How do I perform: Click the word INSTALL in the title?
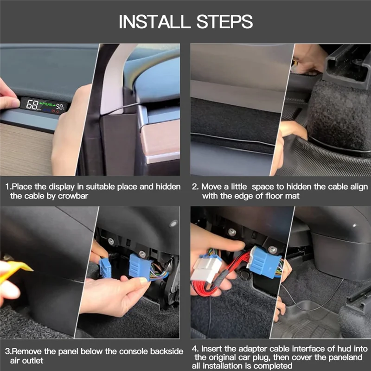tap(154, 21)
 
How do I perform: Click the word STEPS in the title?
tap(224, 21)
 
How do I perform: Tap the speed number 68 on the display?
tap(32, 104)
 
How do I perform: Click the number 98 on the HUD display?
tap(59, 107)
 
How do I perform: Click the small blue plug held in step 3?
tap(105, 268)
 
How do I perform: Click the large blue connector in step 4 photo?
tap(264, 262)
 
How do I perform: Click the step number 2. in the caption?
tap(195, 187)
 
